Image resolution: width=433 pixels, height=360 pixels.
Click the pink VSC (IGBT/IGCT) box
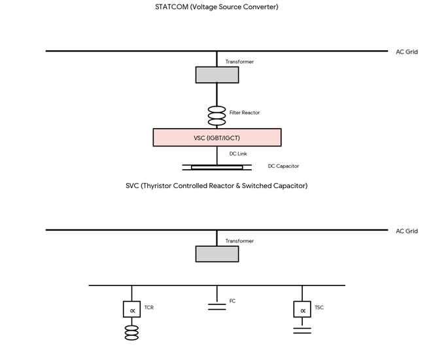tap(217, 137)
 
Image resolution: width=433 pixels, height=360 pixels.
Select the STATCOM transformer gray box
tap(217, 74)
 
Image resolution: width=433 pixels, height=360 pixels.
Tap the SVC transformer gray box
tap(217, 254)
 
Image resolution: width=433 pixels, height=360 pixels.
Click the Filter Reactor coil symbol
tap(217, 116)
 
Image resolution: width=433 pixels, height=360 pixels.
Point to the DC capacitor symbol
tap(217, 167)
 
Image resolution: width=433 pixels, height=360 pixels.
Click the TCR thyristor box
tap(131, 309)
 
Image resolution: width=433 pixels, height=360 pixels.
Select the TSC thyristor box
tap(302, 309)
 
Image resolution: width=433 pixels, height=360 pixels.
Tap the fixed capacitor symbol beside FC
tap(217, 307)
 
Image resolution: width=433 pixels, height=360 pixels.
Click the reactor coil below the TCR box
tap(131, 333)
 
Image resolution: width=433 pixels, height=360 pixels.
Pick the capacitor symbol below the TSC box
tap(302, 331)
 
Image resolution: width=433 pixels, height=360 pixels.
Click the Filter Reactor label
tap(245, 112)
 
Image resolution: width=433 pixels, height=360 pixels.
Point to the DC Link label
tap(238, 154)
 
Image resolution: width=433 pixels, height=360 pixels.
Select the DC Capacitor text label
tap(283, 166)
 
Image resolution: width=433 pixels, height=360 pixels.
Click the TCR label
tap(149, 307)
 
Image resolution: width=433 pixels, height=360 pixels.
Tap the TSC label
tap(319, 307)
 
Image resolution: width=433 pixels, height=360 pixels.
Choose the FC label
tap(232, 301)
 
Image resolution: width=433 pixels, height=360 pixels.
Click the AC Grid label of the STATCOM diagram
tap(407, 52)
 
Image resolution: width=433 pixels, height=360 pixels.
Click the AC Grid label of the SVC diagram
tap(407, 231)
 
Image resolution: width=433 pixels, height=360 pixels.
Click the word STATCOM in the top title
tap(172, 7)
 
